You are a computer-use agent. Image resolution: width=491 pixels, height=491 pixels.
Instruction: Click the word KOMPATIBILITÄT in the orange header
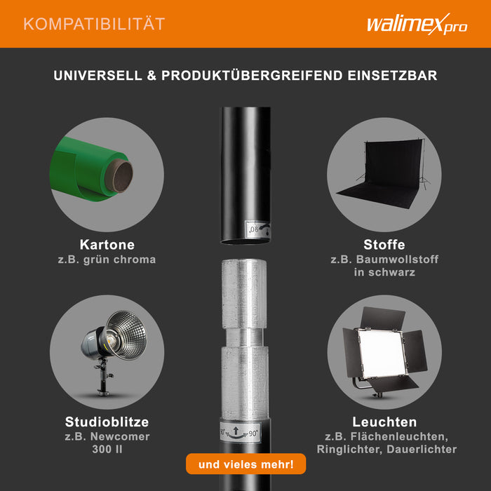(94, 24)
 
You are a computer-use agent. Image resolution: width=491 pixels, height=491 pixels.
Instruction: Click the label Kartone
(107, 245)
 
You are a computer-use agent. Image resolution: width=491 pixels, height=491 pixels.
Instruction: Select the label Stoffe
(384, 245)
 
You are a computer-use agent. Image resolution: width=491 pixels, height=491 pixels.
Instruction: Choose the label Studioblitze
(107, 422)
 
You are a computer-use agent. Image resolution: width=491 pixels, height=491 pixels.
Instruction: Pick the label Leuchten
(384, 422)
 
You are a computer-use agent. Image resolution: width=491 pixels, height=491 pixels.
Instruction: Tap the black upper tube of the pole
(245, 168)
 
